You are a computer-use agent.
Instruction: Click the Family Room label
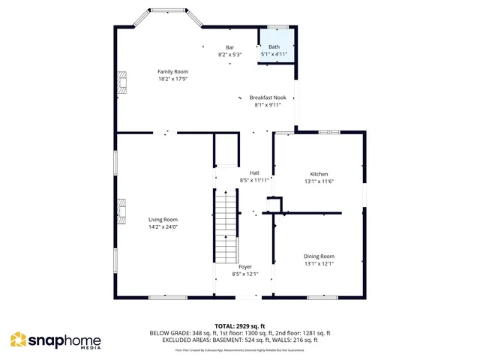point(172,71)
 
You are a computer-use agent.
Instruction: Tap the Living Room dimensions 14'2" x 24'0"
point(162,226)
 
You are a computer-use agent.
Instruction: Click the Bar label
point(229,47)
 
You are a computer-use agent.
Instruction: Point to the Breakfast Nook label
point(268,97)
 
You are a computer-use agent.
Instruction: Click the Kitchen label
point(319,173)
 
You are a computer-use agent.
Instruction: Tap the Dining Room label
point(319,256)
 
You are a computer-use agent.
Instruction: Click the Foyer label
point(244,266)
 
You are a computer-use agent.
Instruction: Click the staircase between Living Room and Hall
point(226,225)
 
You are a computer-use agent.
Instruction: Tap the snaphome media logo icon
point(18,340)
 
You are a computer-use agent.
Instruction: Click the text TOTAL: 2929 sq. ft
point(240,325)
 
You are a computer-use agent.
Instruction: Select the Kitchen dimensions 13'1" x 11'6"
point(319,181)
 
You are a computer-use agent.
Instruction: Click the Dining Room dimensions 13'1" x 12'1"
point(319,263)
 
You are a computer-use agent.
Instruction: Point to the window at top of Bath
point(278,27)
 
